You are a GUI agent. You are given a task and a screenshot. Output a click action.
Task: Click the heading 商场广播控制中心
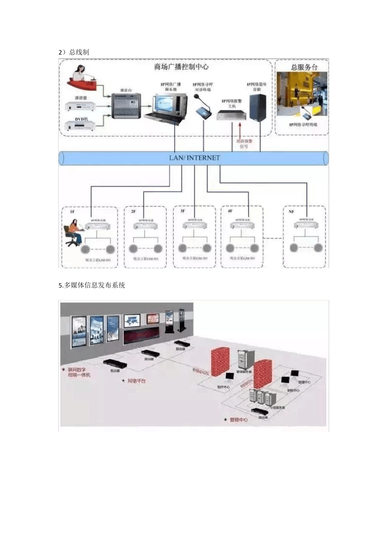coord(181,67)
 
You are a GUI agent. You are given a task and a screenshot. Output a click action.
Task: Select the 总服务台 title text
coord(304,67)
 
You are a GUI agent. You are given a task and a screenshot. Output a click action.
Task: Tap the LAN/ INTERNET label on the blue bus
coord(194,158)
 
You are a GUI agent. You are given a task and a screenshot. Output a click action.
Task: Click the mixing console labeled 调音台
coord(126,106)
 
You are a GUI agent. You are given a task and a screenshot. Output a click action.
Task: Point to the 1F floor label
coord(72,212)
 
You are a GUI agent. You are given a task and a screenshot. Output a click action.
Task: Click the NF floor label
coord(291,212)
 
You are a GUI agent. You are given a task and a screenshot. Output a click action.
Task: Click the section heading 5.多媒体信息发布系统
coord(92,285)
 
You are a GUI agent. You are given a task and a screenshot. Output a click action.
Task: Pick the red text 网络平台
coord(136,381)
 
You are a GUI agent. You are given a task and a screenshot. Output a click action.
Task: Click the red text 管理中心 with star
coord(238,419)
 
